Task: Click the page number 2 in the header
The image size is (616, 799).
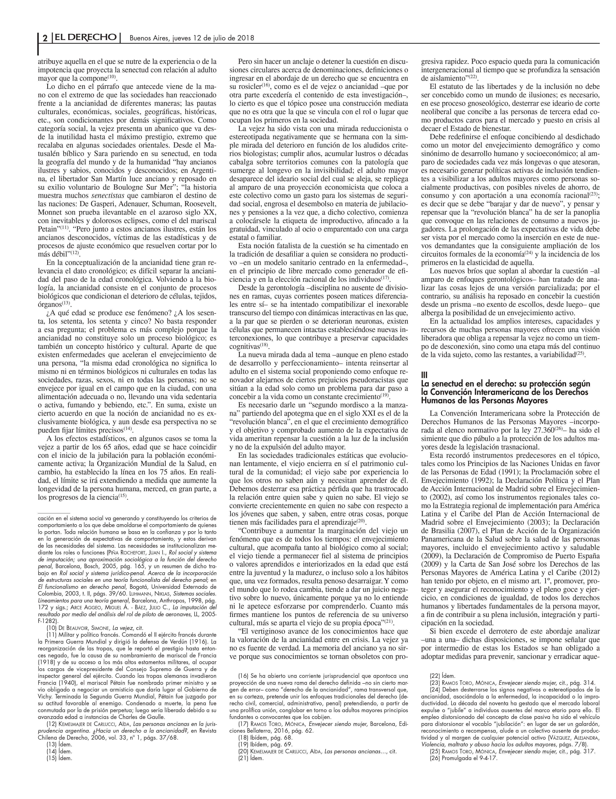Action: pos(45,38)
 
